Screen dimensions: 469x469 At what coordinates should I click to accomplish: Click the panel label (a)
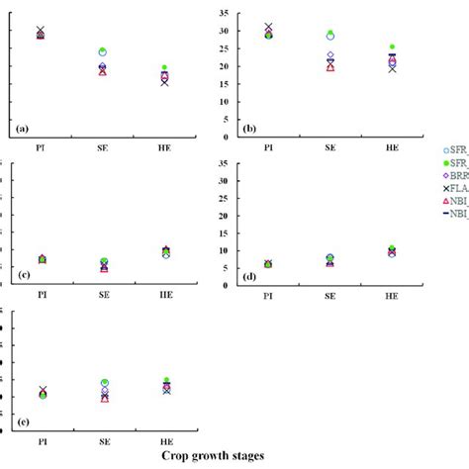pos(23,130)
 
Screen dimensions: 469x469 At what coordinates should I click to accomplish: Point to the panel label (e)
pos(23,427)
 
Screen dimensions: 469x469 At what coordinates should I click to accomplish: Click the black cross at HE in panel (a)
pos(164,82)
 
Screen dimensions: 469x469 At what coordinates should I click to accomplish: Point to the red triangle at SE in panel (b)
pos(330,67)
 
